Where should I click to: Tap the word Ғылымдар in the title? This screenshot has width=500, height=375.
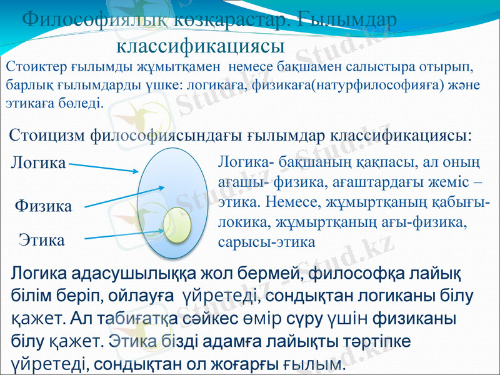pos(347,21)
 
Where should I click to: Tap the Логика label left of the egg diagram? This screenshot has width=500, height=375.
pos(39,163)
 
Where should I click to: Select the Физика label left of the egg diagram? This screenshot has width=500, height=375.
pos(43,206)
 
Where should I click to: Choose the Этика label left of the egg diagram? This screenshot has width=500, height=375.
pos(41,239)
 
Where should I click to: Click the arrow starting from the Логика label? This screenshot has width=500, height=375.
pos(103,167)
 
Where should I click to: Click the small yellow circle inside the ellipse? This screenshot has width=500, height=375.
pos(177,223)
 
